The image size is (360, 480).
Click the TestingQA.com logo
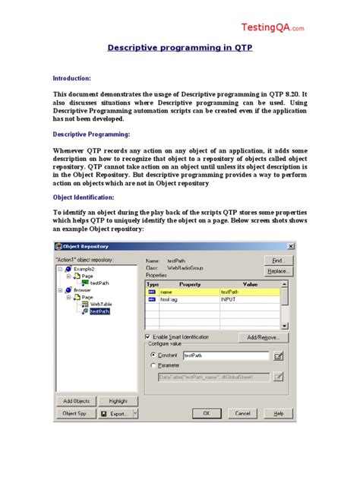[x=273, y=27]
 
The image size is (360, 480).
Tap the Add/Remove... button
[x=263, y=337]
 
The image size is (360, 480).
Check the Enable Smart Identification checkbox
[x=147, y=336]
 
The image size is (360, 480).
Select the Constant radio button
[x=153, y=355]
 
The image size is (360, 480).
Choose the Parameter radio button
[x=153, y=365]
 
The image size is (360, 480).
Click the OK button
[x=205, y=413]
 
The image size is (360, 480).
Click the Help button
[x=278, y=413]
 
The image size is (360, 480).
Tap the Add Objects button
[x=76, y=400]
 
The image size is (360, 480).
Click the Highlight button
[x=118, y=400]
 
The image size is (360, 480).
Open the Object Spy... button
[x=75, y=414]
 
